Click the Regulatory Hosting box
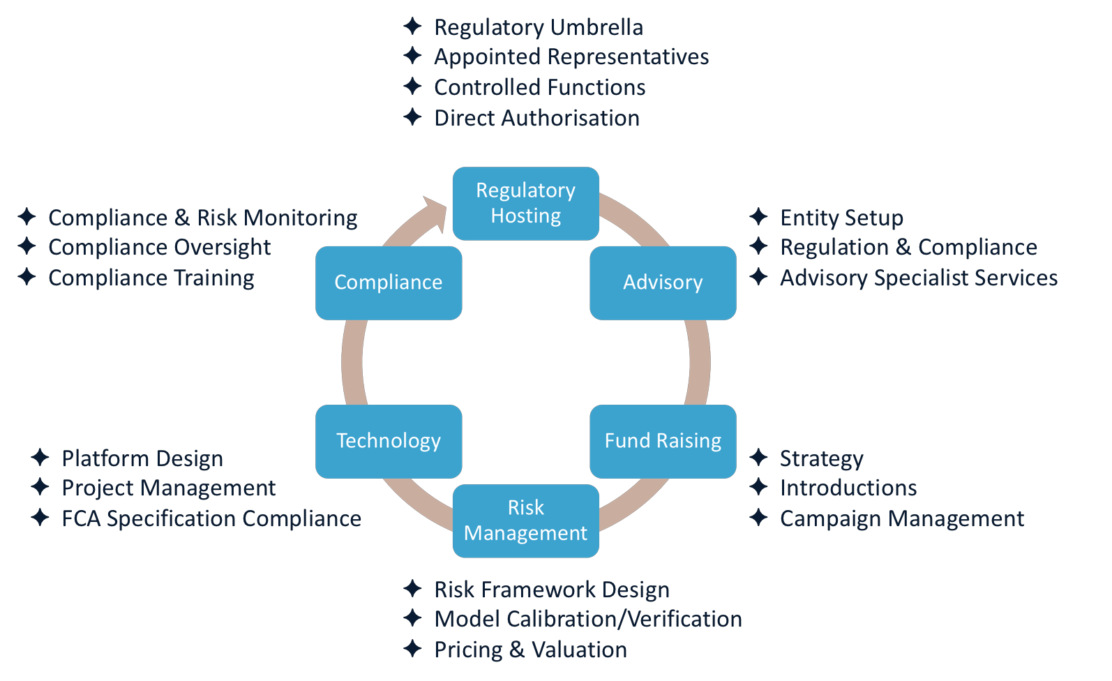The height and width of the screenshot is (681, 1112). coord(526,204)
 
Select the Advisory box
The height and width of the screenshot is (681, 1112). coord(663,283)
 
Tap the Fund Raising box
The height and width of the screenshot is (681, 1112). coord(663,441)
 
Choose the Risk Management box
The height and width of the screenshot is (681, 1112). coord(526,521)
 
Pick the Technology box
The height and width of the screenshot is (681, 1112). coord(389,441)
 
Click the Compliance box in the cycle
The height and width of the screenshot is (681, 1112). coord(389,283)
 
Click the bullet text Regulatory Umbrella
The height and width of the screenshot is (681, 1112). coord(539,27)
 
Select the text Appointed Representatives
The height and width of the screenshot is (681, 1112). coord(571,57)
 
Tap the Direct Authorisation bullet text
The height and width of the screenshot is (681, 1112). coord(536,118)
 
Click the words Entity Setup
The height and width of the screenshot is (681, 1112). coord(841,218)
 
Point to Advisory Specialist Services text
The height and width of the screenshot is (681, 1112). coord(919,278)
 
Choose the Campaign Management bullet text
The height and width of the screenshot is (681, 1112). coord(902,518)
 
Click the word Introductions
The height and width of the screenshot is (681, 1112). coord(848,488)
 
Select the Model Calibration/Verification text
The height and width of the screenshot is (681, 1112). coord(588,619)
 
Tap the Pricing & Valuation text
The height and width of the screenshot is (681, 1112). coord(531,650)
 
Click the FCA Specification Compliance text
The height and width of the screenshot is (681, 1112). coord(211,518)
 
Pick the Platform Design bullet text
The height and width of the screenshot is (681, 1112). coord(142,458)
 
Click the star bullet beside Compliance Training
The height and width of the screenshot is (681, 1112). coord(27,276)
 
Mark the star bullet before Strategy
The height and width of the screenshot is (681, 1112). coord(758,457)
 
